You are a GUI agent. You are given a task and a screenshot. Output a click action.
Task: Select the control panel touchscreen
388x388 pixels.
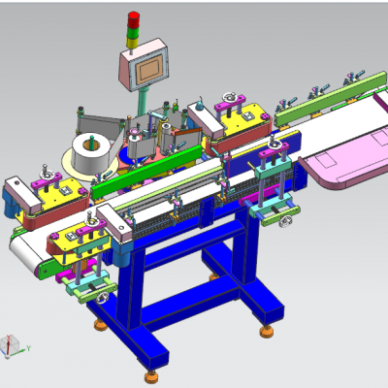click(x=148, y=69)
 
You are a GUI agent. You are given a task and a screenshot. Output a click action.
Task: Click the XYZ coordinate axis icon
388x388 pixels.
click(x=11, y=345)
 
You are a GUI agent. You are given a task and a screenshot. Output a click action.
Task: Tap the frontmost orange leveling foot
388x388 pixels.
click(x=150, y=373)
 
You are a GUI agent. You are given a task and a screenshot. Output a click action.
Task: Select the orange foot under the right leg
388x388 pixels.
click(x=264, y=330)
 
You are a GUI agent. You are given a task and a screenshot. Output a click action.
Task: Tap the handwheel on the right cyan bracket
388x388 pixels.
click(x=284, y=223)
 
